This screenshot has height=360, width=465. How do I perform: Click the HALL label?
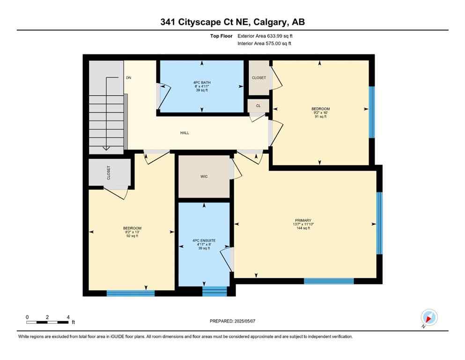[x=185, y=133]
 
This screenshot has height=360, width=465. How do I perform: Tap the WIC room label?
[x=204, y=176]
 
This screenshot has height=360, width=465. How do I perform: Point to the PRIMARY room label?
[x=303, y=220]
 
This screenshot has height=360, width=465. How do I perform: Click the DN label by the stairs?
[x=128, y=78]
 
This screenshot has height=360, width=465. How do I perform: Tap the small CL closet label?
[x=258, y=106]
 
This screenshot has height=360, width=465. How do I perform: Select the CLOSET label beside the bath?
[x=259, y=78]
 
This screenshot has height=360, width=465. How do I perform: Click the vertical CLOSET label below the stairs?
[x=109, y=173]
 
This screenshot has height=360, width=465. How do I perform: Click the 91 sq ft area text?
[x=320, y=117]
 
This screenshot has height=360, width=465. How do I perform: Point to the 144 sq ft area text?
[x=303, y=228]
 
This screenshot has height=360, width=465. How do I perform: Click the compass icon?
[x=428, y=318]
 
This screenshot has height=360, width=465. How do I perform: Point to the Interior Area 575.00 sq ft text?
[x=265, y=44]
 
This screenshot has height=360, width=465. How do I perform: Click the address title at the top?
[x=232, y=22]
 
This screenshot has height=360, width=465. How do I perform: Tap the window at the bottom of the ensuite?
[x=214, y=291]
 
